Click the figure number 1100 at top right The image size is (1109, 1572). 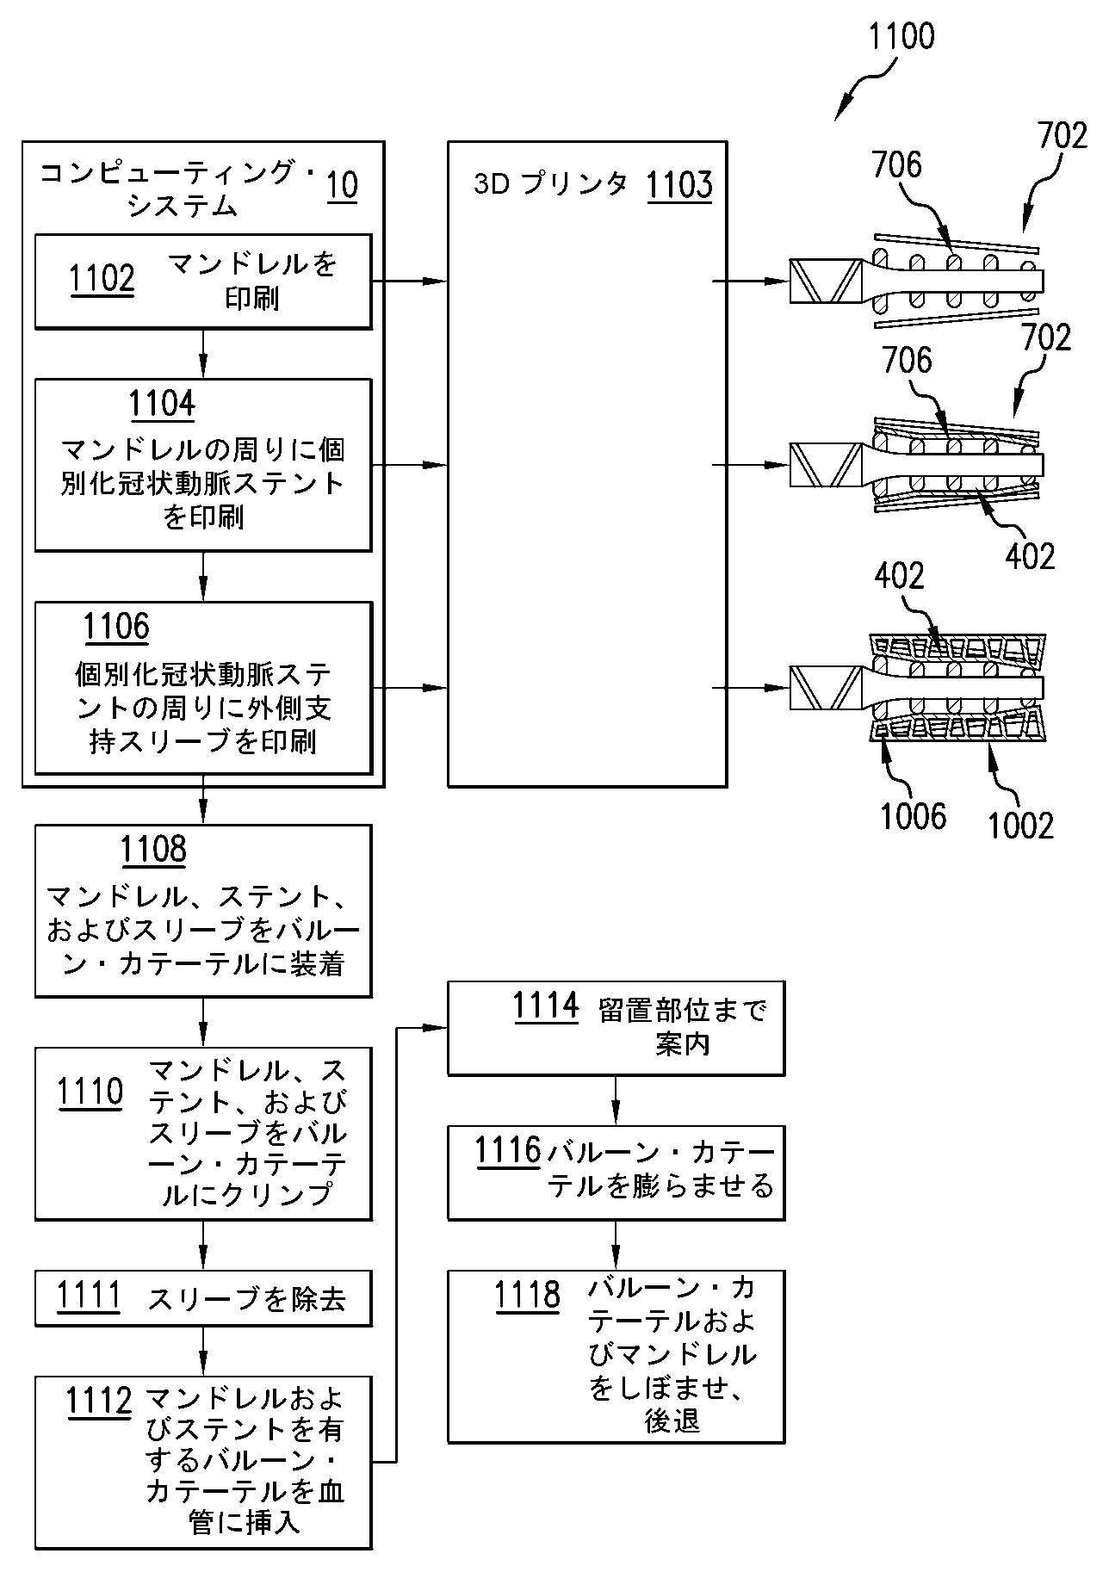[901, 38]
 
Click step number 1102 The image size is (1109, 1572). [102, 280]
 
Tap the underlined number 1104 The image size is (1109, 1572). [162, 404]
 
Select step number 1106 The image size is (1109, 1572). [116, 627]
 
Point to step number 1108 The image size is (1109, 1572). [153, 850]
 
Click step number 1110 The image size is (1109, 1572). [90, 1093]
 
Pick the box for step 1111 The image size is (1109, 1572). [203, 1297]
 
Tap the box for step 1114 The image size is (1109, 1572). [616, 1027]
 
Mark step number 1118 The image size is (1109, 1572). [527, 1296]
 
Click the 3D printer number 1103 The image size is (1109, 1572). [679, 184]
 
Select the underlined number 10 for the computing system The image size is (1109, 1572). [342, 186]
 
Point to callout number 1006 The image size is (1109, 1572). [913, 816]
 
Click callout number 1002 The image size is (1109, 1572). [1021, 826]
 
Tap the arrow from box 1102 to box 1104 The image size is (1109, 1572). [203, 353]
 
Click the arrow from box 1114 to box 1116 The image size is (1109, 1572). [616, 1099]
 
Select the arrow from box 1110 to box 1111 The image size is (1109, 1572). [203, 1244]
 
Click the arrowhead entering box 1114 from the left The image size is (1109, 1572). [439, 1027]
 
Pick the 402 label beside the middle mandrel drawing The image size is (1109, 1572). [1030, 556]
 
